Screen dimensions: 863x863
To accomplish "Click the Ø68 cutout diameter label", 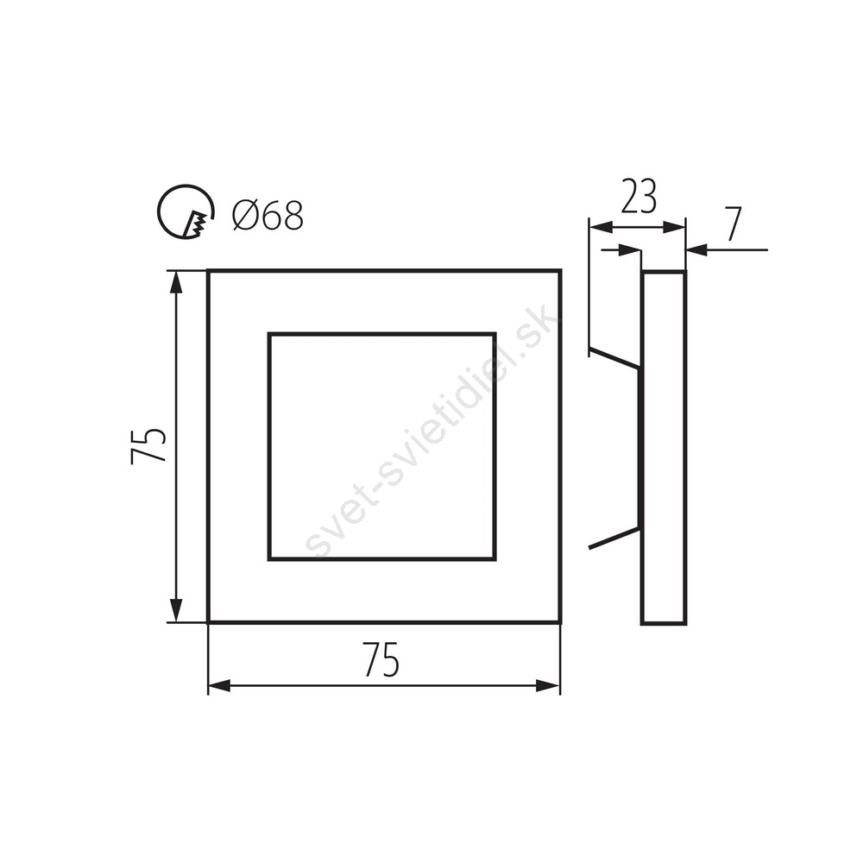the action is point(268,215).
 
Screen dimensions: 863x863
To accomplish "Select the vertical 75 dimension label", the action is point(148,445).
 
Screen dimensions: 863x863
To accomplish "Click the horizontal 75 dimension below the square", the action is point(381,658).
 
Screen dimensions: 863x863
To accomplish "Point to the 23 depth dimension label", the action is point(639,197).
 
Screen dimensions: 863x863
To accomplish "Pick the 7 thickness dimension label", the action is point(733,224).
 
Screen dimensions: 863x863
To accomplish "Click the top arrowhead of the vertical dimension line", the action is point(175,282).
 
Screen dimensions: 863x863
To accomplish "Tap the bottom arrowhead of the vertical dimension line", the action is point(175,610).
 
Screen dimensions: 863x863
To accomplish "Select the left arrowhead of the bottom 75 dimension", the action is point(219,686).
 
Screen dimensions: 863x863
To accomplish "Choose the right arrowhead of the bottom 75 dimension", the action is point(548,686).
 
